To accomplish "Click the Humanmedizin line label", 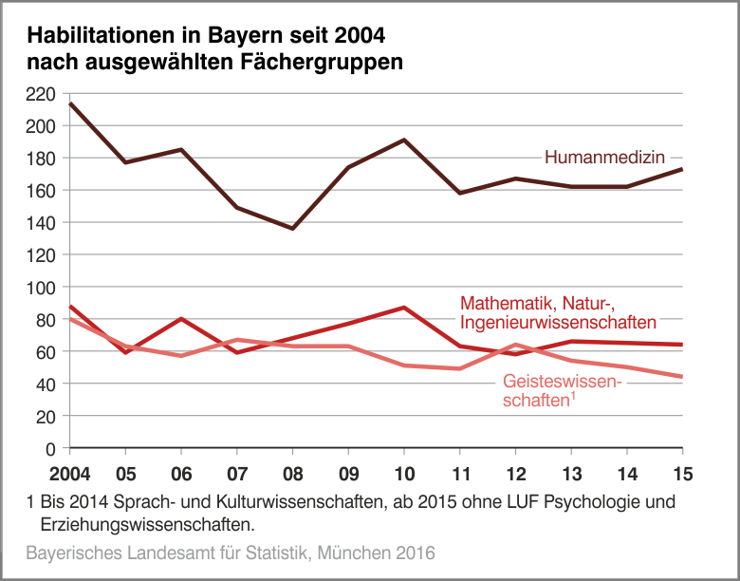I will [603, 158].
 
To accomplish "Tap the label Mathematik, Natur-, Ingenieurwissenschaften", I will [551, 313].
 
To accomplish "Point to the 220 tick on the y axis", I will [44, 93].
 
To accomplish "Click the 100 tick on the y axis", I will [44, 287].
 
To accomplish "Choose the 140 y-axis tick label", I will [44, 222].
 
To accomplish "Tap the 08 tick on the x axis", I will [292, 473].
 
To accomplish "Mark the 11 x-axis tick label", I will [459, 473].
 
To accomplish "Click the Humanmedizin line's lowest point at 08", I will [292, 228].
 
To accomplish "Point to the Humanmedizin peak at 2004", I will [70, 103].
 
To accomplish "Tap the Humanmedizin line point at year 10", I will [404, 141].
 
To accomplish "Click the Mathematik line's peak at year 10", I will [404, 308].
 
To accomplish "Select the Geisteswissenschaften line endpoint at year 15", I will [681, 377].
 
